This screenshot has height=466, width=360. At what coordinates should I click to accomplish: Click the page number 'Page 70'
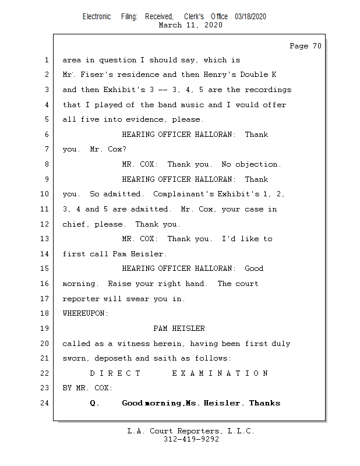305,46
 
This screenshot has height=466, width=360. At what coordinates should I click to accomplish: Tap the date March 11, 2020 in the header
190,25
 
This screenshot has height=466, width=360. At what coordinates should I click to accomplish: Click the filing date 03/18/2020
250,17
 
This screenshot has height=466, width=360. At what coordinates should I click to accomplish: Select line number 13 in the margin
46,239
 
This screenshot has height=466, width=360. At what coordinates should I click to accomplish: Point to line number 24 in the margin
46,403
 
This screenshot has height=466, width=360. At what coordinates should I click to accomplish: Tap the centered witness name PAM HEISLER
179,329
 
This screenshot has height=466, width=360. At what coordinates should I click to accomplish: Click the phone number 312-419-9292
191,439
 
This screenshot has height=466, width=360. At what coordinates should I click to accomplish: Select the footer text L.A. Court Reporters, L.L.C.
191,431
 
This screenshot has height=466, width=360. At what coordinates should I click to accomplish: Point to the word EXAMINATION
220,373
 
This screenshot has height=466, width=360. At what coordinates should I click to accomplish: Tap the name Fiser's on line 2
91,75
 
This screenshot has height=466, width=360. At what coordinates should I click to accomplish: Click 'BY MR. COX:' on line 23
87,388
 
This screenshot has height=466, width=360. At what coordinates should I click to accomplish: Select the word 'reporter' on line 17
82,299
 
